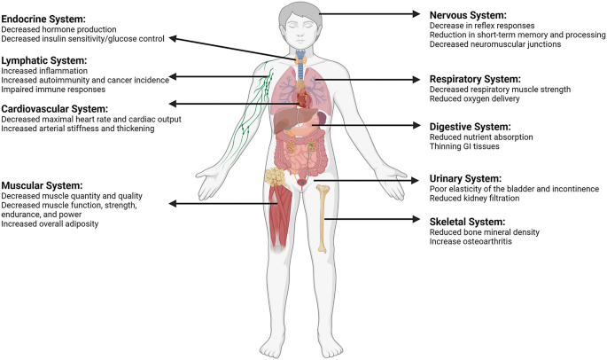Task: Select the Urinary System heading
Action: tap(463, 177)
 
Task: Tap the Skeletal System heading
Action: tap(466, 221)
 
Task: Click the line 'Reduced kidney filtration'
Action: tap(472, 200)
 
